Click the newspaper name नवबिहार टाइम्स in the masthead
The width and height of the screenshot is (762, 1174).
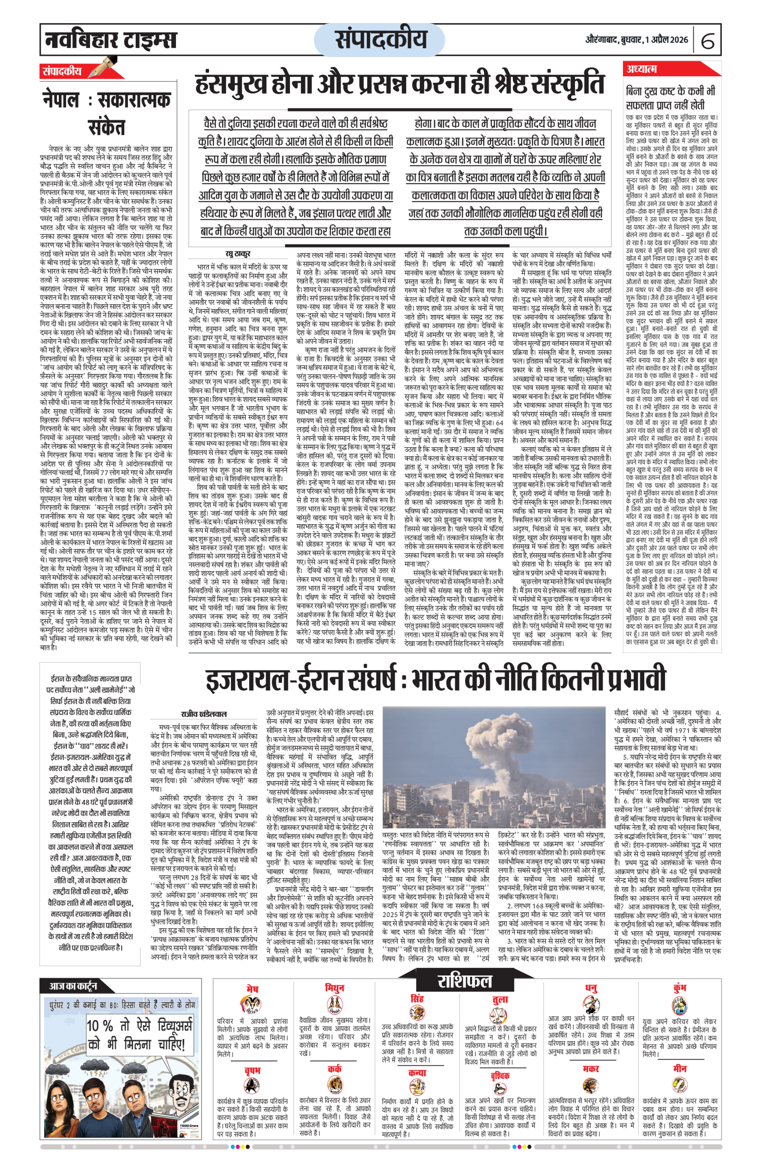coord(110,40)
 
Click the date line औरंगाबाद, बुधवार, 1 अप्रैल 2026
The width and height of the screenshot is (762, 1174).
coord(636,40)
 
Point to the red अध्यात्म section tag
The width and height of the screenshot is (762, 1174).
coord(642,69)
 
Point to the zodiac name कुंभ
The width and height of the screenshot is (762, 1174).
coord(680,988)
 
